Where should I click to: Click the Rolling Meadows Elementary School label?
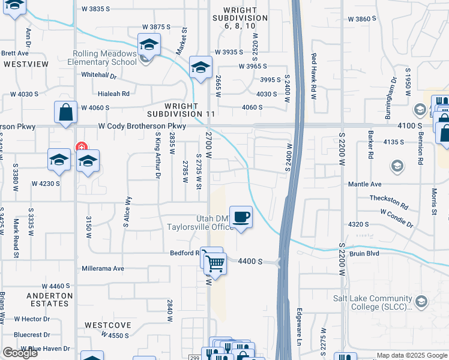click(x=102, y=57)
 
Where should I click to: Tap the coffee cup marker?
click(x=241, y=217)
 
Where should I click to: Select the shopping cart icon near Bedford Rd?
click(x=214, y=262)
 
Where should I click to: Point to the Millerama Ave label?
click(x=103, y=268)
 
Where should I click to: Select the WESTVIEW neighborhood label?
click(x=25, y=63)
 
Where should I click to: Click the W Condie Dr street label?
click(x=396, y=218)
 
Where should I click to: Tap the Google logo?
click(x=20, y=353)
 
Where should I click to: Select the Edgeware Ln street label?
click(x=298, y=327)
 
